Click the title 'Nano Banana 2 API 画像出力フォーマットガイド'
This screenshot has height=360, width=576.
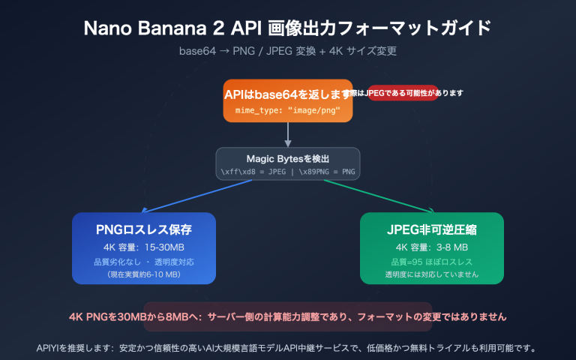[x=287, y=29]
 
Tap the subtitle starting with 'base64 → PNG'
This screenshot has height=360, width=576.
[x=287, y=52]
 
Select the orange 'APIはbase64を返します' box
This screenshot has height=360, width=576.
[x=287, y=100]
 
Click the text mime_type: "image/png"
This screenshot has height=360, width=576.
[x=287, y=109]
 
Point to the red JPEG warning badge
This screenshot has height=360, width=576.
[x=403, y=93]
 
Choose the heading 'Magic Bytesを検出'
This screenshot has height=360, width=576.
[x=288, y=158]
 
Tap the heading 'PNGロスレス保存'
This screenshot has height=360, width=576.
[x=144, y=230]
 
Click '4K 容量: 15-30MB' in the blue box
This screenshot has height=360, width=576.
[x=144, y=247]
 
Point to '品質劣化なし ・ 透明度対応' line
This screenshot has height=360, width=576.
[x=144, y=262]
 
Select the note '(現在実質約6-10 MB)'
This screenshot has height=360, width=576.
[x=144, y=274]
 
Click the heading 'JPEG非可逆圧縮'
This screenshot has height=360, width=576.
[x=431, y=230]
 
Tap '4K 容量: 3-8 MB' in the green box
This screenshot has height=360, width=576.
[x=431, y=247]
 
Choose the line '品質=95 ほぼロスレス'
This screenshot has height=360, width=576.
[x=431, y=262]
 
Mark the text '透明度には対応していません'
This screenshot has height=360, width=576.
[x=431, y=274]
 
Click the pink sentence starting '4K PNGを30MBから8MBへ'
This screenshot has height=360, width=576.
[x=287, y=316]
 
